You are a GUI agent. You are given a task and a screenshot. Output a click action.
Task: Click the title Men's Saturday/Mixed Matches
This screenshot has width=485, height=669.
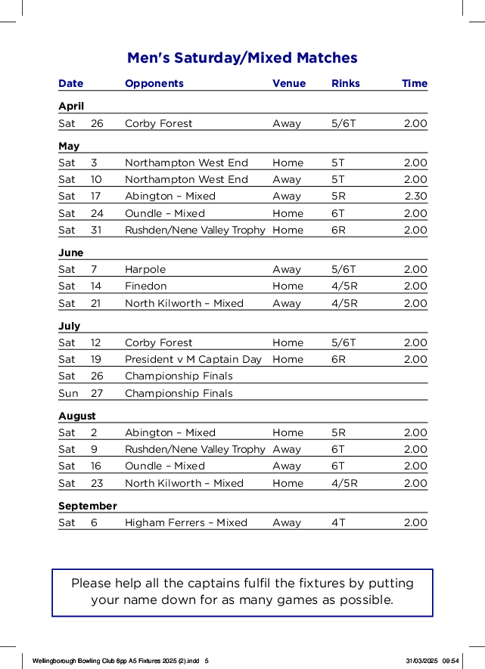[x=242, y=58]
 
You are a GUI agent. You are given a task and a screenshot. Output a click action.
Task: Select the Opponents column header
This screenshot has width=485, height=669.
[x=154, y=84]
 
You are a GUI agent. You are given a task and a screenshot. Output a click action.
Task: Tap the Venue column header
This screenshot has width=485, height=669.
[x=289, y=84]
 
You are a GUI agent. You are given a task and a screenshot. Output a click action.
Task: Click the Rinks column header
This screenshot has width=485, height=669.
[x=346, y=84]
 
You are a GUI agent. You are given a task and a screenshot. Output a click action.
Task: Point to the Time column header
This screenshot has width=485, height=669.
[x=415, y=84]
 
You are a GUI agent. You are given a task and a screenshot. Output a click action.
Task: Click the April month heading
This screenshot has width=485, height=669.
[x=71, y=107]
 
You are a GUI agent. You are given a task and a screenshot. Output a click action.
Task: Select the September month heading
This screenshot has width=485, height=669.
[x=88, y=506]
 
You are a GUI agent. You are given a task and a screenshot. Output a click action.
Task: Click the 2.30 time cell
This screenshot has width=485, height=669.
[x=415, y=197]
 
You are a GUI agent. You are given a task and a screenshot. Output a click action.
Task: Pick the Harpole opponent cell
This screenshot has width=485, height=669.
[x=145, y=270]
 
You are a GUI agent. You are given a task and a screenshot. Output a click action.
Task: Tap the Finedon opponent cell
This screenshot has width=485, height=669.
[x=146, y=286]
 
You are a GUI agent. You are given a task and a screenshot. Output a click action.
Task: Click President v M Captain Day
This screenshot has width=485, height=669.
[x=193, y=360]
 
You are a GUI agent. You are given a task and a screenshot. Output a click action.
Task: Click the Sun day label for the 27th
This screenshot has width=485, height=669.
[x=68, y=394]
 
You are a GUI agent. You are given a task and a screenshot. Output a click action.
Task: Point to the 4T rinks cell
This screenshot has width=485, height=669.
[x=338, y=523]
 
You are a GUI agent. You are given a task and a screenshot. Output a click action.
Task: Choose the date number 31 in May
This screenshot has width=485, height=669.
[x=97, y=231]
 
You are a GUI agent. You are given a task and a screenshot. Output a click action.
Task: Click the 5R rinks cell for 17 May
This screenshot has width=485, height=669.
[x=338, y=197]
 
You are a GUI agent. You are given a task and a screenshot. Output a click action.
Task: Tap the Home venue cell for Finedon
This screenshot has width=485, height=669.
[x=288, y=286]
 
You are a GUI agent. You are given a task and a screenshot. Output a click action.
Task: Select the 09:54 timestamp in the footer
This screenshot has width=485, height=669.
[x=451, y=660]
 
